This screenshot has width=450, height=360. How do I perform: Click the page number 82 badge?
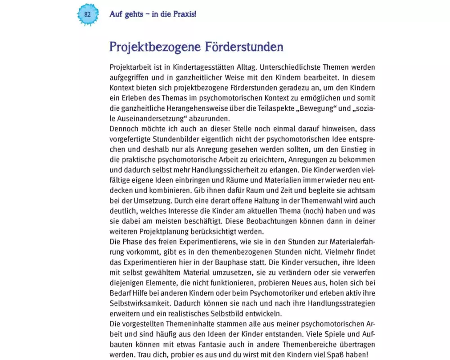(87, 14)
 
